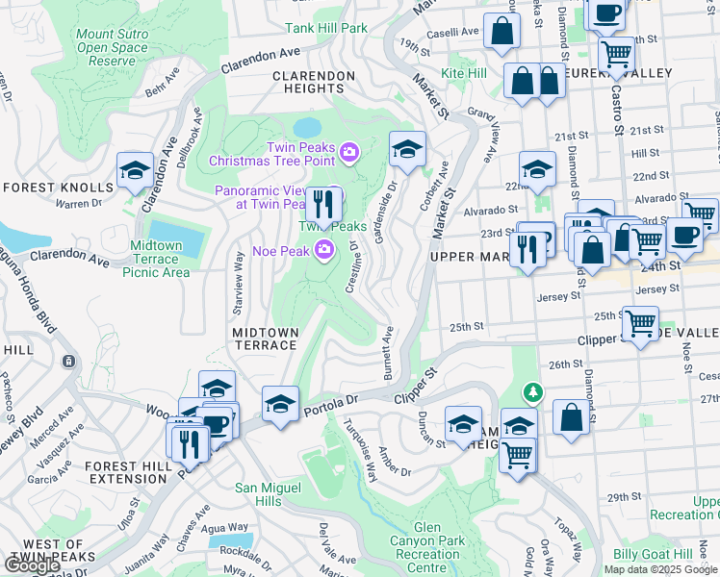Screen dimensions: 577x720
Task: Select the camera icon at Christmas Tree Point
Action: pos(347,150)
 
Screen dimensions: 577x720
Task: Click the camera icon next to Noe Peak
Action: pos(325,251)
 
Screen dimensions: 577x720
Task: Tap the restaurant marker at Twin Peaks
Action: pos(323,204)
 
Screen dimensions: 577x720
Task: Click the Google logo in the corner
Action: pos(33,564)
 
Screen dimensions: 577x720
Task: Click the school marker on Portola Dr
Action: pos(280,403)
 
